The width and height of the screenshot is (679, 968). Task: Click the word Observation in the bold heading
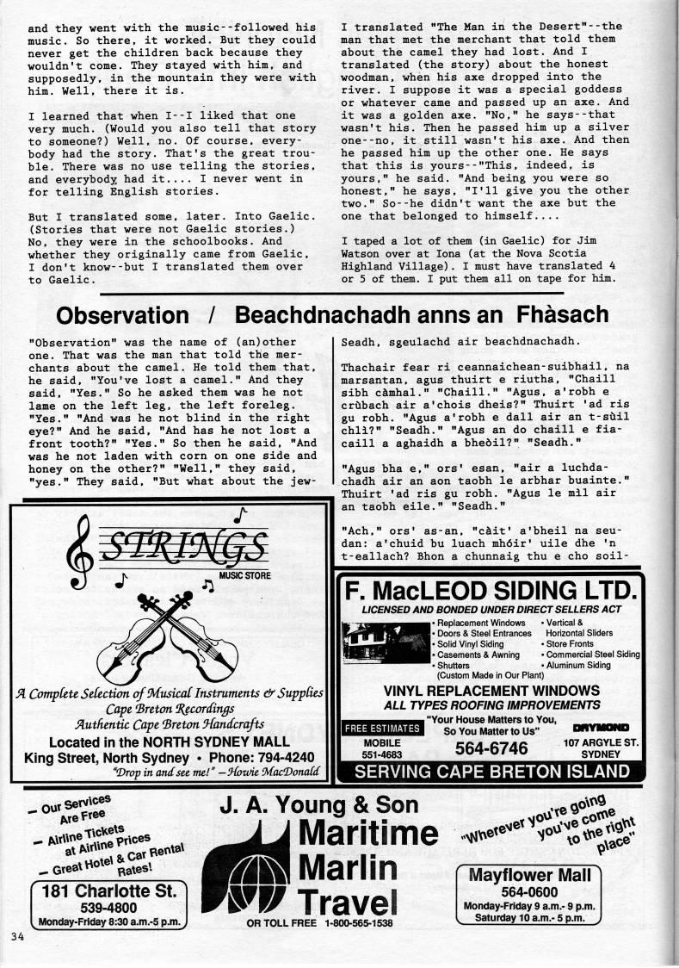(x=122, y=315)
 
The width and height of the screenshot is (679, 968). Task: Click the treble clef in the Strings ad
(x=82, y=551)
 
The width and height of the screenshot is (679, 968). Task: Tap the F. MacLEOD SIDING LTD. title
(x=490, y=592)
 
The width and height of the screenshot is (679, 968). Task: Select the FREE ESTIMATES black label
(x=383, y=729)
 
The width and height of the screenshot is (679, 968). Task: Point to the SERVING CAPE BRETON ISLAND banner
(x=490, y=772)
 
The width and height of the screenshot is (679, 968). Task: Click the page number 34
(x=18, y=937)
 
